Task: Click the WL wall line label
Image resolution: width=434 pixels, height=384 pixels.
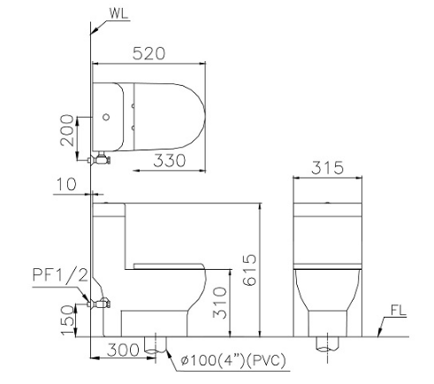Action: click(119, 13)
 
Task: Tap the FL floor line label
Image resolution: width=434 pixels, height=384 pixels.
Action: click(399, 311)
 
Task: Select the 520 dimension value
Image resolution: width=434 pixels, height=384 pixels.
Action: click(148, 54)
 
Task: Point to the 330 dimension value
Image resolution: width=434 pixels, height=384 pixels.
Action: click(170, 161)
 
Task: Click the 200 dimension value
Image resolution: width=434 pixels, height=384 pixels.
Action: click(67, 130)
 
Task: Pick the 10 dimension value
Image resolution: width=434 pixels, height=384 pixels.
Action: click(66, 184)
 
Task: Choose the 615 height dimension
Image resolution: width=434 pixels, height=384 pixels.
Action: click(250, 270)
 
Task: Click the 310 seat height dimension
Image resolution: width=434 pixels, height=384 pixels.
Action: click(220, 303)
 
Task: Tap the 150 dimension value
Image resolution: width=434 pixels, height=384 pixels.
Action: click(67, 320)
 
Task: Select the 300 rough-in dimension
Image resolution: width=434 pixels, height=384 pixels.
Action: click(123, 350)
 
